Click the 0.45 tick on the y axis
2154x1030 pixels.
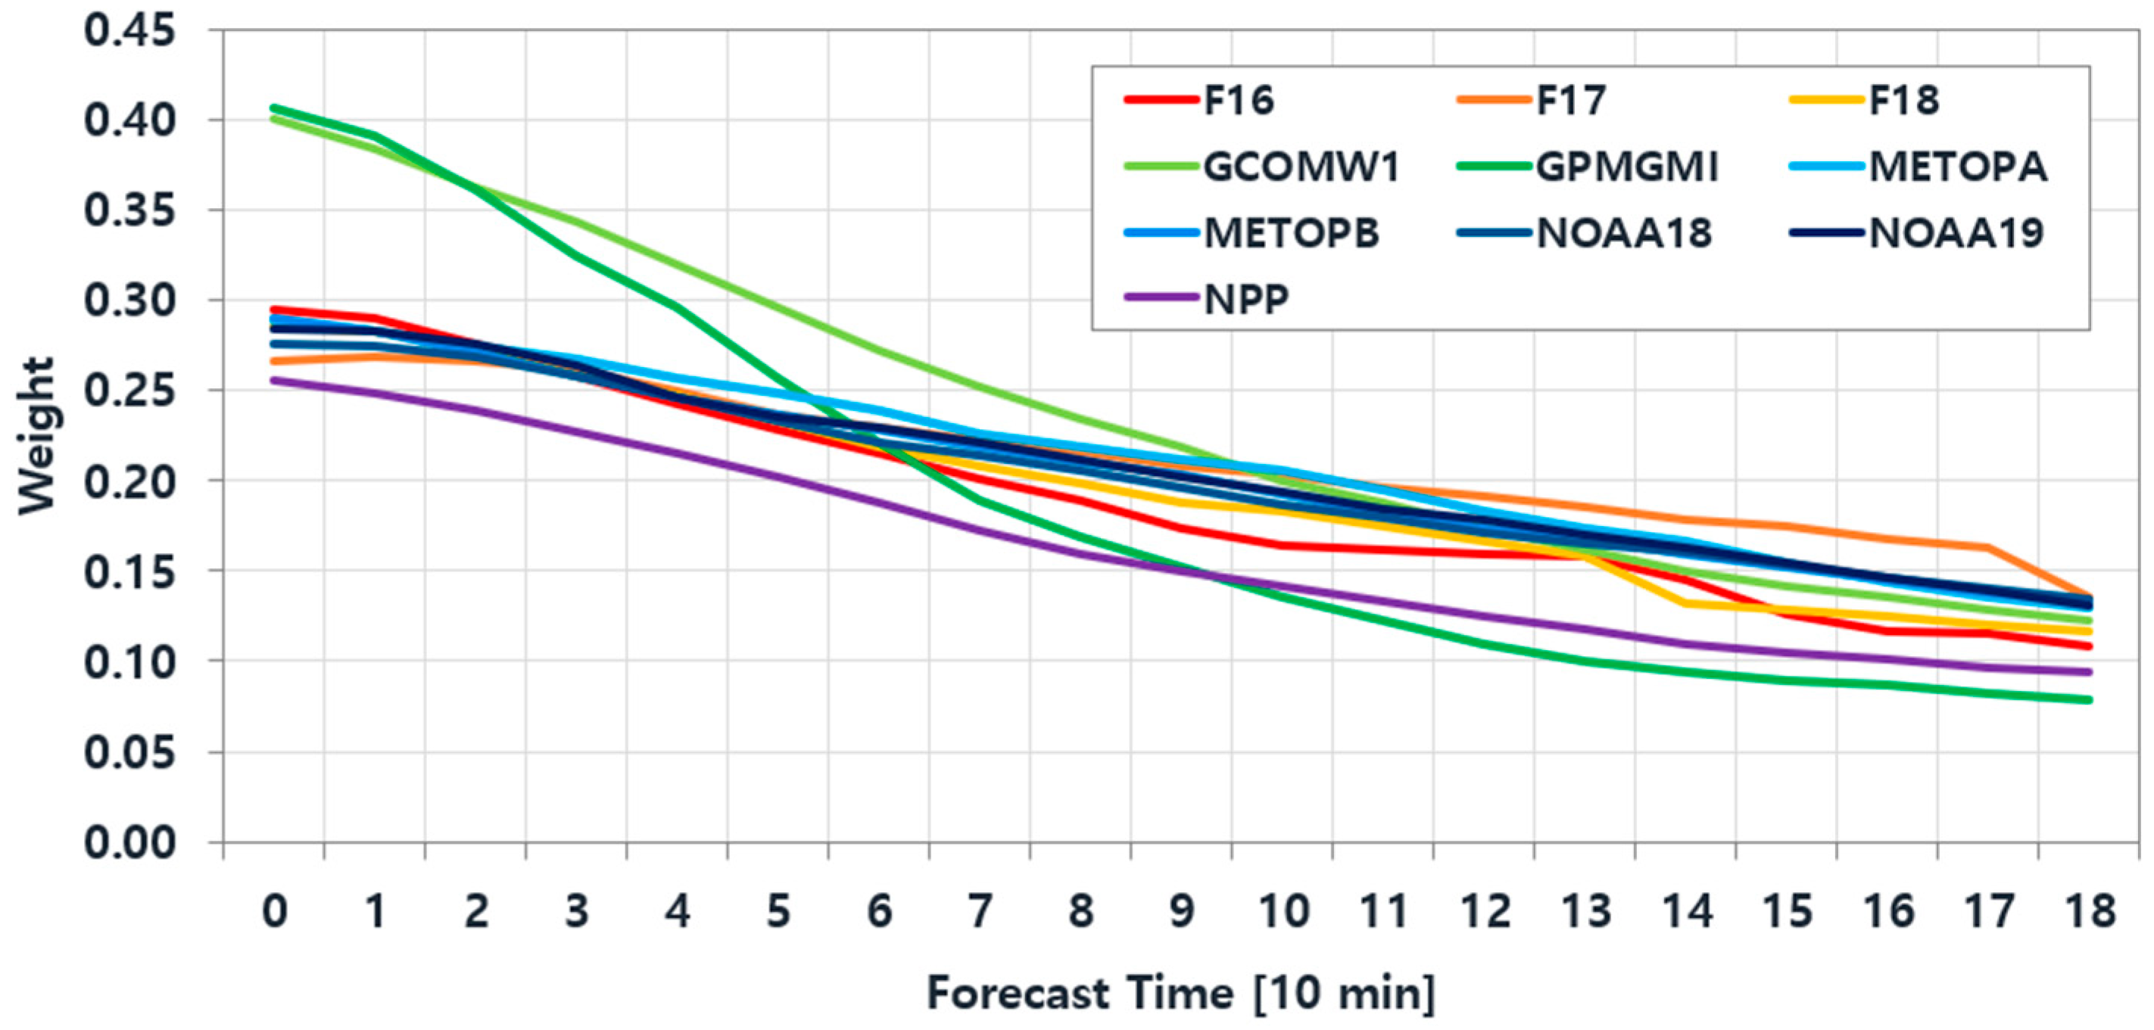pos(130,31)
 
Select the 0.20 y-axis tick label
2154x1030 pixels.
pos(130,481)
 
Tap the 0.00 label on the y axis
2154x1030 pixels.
pos(130,843)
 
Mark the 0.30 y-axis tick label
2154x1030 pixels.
pos(130,301)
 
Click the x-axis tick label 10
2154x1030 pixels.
pos(1283,911)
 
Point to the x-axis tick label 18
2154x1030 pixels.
pos(2090,911)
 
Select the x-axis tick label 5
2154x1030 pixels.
pos(778,911)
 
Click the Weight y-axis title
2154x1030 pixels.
pos(37,436)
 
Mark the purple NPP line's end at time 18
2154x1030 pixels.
pos(2089,672)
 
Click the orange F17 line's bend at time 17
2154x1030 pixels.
pos(1987,548)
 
